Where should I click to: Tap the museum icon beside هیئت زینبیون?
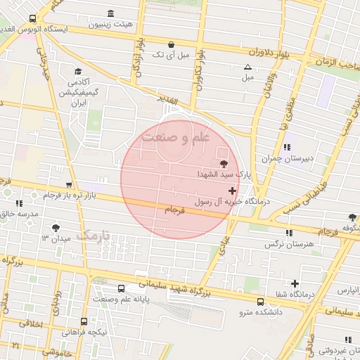click(x=110, y=13)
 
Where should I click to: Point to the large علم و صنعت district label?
click(x=176, y=137)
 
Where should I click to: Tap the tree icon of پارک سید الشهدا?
click(x=224, y=163)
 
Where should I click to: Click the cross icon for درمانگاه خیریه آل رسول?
click(x=232, y=191)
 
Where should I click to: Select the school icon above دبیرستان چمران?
click(x=287, y=147)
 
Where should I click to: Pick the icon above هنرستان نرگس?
click(x=288, y=233)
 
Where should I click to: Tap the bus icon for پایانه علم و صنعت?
click(x=122, y=288)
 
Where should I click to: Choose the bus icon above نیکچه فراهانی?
click(x=84, y=321)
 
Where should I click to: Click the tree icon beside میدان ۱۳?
click(x=56, y=228)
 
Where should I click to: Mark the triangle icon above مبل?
click(x=247, y=67)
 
